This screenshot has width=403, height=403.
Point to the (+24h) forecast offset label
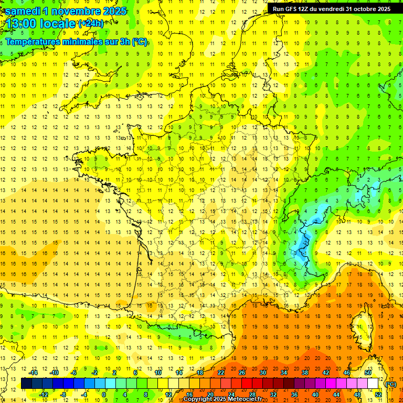pos(91,24)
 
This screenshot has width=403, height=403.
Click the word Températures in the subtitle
pos(36,42)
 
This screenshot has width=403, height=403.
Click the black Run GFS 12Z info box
pos(331,8)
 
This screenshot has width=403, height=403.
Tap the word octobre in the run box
pos(363,8)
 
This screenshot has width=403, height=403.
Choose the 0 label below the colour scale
pos(104,395)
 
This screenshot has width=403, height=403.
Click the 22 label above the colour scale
pos(221,373)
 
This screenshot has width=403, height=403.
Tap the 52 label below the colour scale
pos(378,395)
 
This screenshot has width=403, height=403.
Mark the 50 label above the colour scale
pos(368,373)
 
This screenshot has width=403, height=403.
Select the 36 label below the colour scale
pos(294,395)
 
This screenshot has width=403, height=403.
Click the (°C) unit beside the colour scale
pos(391,384)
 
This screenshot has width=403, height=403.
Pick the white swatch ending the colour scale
pos(373,384)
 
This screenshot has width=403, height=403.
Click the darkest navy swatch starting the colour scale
pos(27,384)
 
